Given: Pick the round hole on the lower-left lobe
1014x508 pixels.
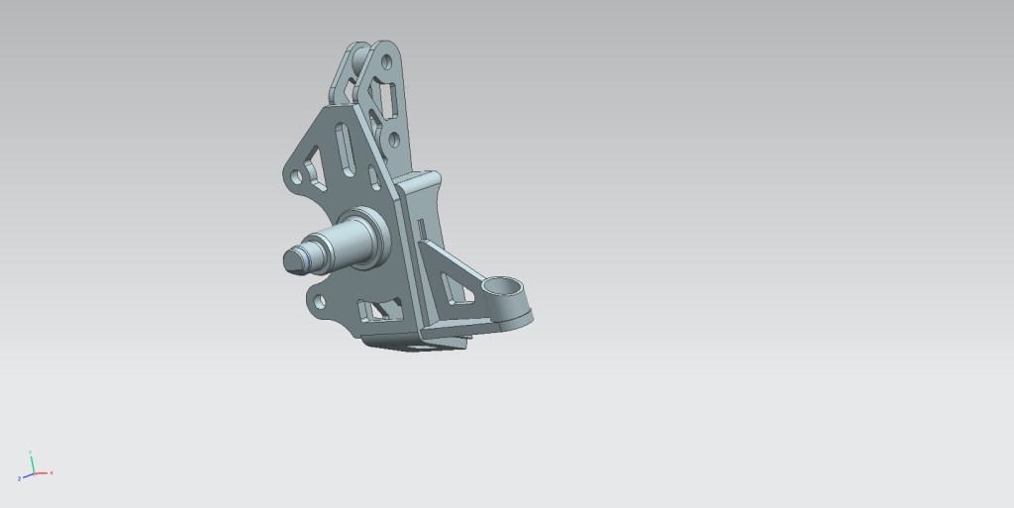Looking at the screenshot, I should (x=319, y=300).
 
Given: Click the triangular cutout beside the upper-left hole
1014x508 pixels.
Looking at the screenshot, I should (x=317, y=169).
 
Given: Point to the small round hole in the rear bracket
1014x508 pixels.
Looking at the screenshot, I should (x=394, y=140).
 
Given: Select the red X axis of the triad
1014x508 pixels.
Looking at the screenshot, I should (x=44, y=473).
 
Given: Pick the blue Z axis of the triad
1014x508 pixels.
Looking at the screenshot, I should (x=25, y=476).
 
